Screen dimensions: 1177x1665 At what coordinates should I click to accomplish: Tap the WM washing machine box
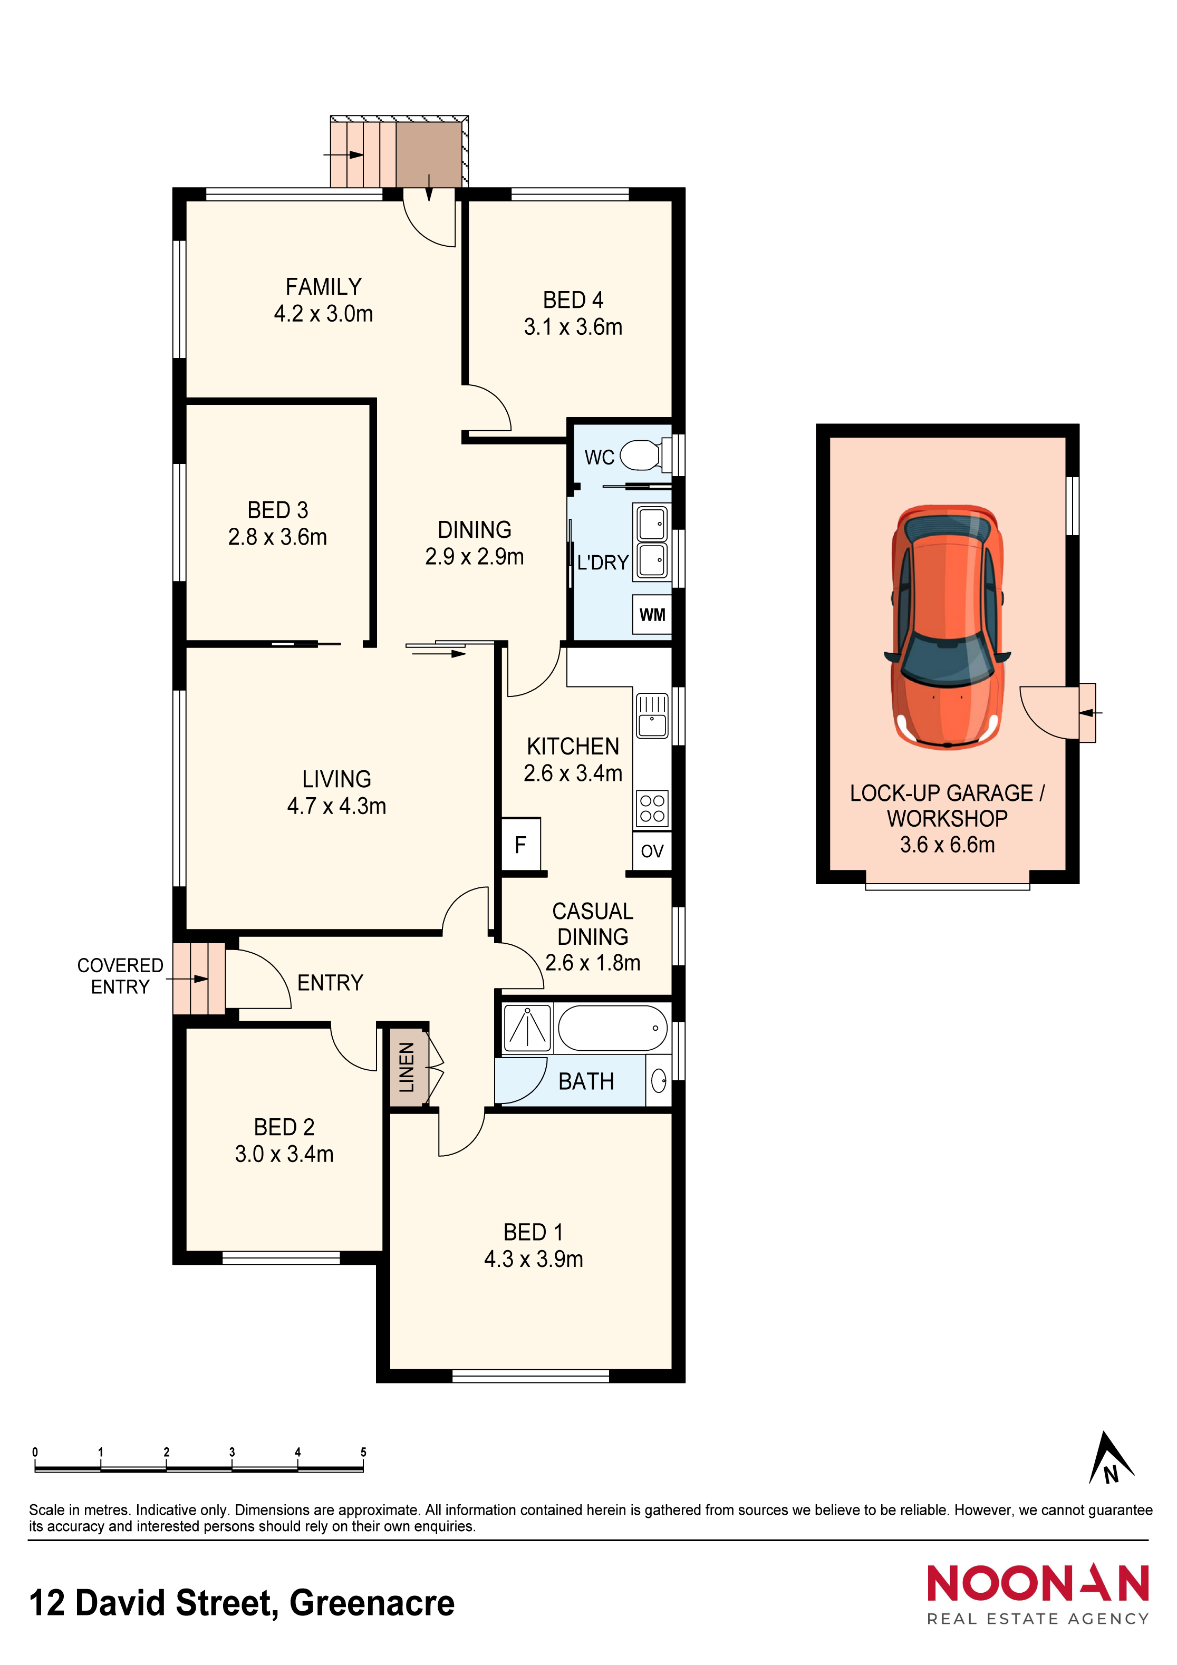[652, 614]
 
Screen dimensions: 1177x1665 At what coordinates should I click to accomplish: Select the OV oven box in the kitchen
[652, 850]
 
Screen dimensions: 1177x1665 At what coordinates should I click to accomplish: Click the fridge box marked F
[520, 844]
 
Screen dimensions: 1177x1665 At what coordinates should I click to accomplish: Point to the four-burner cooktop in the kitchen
[652, 809]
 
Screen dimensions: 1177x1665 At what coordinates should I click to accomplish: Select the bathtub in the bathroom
[613, 1028]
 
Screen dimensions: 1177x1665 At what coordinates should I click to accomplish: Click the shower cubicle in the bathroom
[527, 1028]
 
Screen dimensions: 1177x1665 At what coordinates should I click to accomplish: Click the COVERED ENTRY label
[120, 975]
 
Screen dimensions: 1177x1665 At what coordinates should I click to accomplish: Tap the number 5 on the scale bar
[363, 1452]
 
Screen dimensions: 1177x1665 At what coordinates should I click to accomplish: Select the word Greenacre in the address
[372, 1603]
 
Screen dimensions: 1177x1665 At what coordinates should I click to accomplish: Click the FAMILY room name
[323, 286]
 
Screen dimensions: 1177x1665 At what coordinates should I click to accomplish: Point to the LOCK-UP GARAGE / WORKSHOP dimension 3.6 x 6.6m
[947, 844]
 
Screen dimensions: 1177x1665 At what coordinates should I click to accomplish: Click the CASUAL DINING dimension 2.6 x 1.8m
[593, 962]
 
